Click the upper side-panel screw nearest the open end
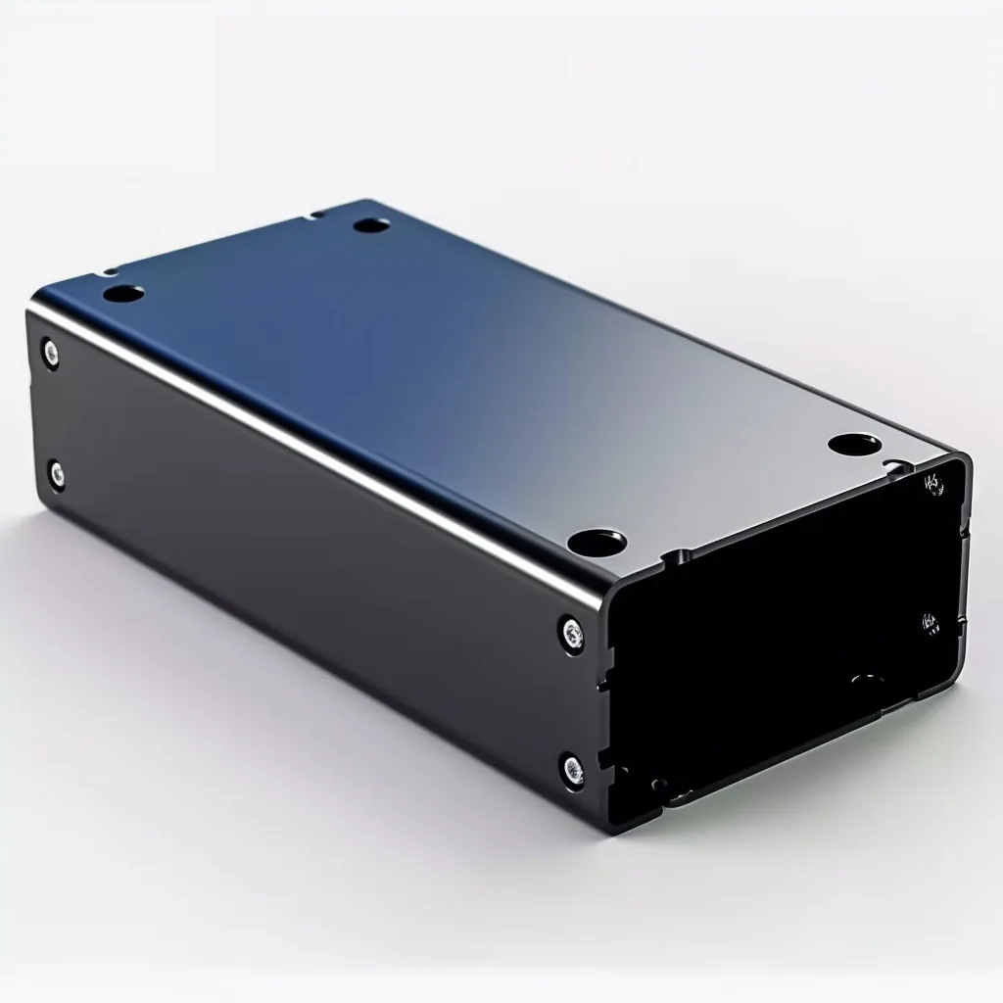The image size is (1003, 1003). click(x=571, y=632)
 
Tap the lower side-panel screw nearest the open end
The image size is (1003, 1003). click(x=572, y=769)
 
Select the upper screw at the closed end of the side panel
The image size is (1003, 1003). click(x=49, y=352)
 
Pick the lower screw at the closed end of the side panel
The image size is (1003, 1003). click(x=57, y=476)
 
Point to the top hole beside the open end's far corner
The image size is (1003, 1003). click(x=849, y=444)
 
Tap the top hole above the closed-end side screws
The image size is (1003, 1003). click(x=123, y=292)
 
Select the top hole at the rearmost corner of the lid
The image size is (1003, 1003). click(x=371, y=225)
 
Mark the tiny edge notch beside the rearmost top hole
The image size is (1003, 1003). click(x=315, y=212)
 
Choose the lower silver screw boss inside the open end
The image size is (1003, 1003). click(x=930, y=621)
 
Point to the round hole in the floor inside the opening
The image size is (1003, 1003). click(x=866, y=678)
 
